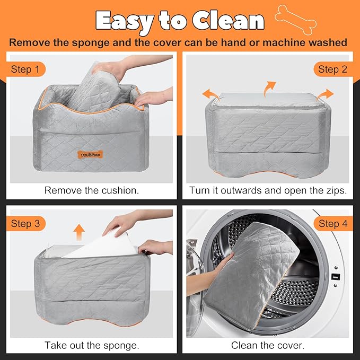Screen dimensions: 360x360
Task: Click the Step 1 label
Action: pos(25,69)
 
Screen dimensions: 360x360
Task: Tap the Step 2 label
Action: pos(332,69)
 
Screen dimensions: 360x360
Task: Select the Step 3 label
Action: pos(25,224)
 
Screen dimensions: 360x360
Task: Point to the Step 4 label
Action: pos(332,224)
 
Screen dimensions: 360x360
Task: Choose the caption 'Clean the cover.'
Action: pos(268,345)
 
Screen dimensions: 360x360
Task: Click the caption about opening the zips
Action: pos(268,190)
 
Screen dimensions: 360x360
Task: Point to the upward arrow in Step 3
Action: pos(79,232)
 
